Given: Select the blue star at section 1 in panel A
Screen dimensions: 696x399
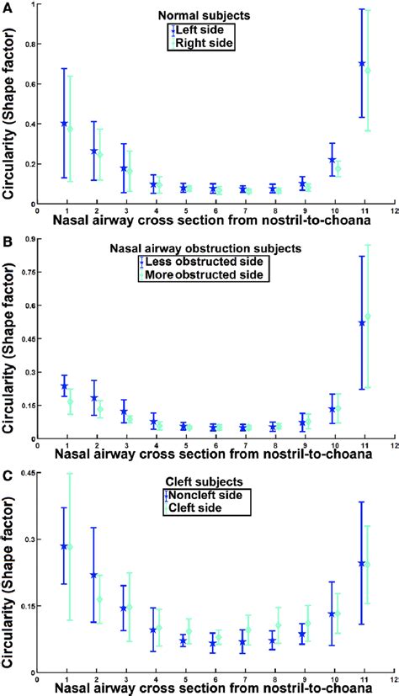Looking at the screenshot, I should pyautogui.click(x=64, y=124).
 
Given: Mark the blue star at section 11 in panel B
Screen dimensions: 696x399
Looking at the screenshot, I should pyautogui.click(x=362, y=323).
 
